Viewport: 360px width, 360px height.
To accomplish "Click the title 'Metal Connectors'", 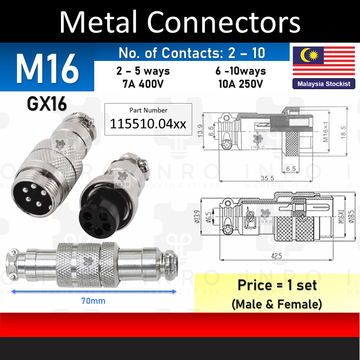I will click(180, 22).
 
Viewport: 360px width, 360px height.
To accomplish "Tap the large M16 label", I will click(47, 69).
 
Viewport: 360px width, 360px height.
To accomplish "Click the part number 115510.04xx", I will click(148, 124).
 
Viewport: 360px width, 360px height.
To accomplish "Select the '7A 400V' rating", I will click(143, 84).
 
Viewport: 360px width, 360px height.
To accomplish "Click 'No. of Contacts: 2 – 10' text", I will click(192, 52).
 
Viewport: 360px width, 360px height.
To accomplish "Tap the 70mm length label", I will click(92, 301).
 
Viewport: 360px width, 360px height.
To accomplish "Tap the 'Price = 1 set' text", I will click(277, 285).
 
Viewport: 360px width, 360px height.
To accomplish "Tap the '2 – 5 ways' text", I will click(143, 71).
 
